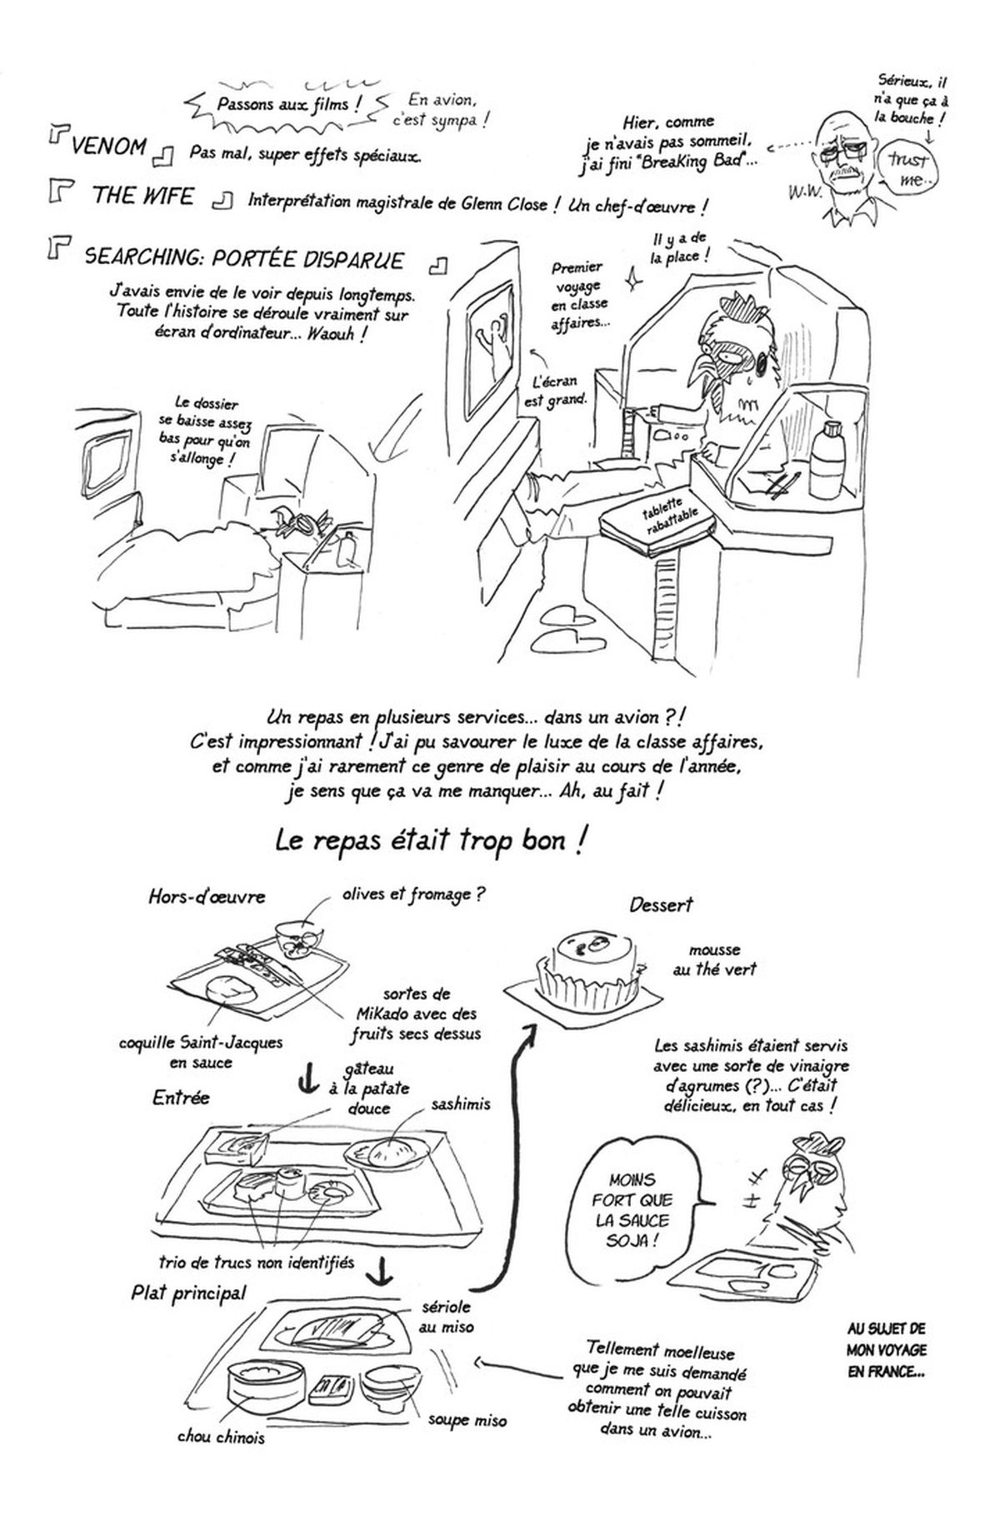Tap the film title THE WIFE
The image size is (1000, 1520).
[142, 197]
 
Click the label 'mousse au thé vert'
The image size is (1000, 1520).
[714, 959]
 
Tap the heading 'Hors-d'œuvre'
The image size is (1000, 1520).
[207, 897]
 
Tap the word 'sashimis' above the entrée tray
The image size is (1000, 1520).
[461, 1104]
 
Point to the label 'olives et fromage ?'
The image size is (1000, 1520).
[413, 895]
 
